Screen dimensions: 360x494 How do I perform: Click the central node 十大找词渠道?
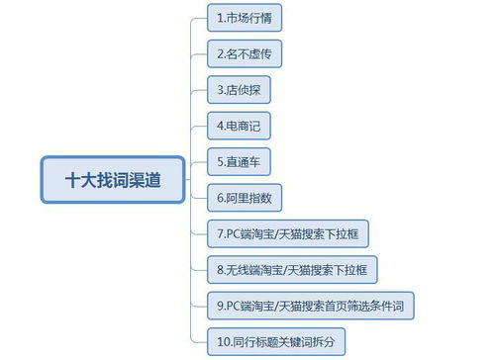click(x=112, y=180)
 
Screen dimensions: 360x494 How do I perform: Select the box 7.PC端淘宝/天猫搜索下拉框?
click(x=288, y=233)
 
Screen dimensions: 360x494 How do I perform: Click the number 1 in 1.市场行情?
click(x=220, y=18)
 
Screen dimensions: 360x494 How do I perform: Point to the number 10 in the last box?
click(x=223, y=341)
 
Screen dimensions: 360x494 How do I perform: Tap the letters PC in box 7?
click(x=234, y=233)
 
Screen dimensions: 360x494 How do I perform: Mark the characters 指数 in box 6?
click(x=264, y=198)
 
